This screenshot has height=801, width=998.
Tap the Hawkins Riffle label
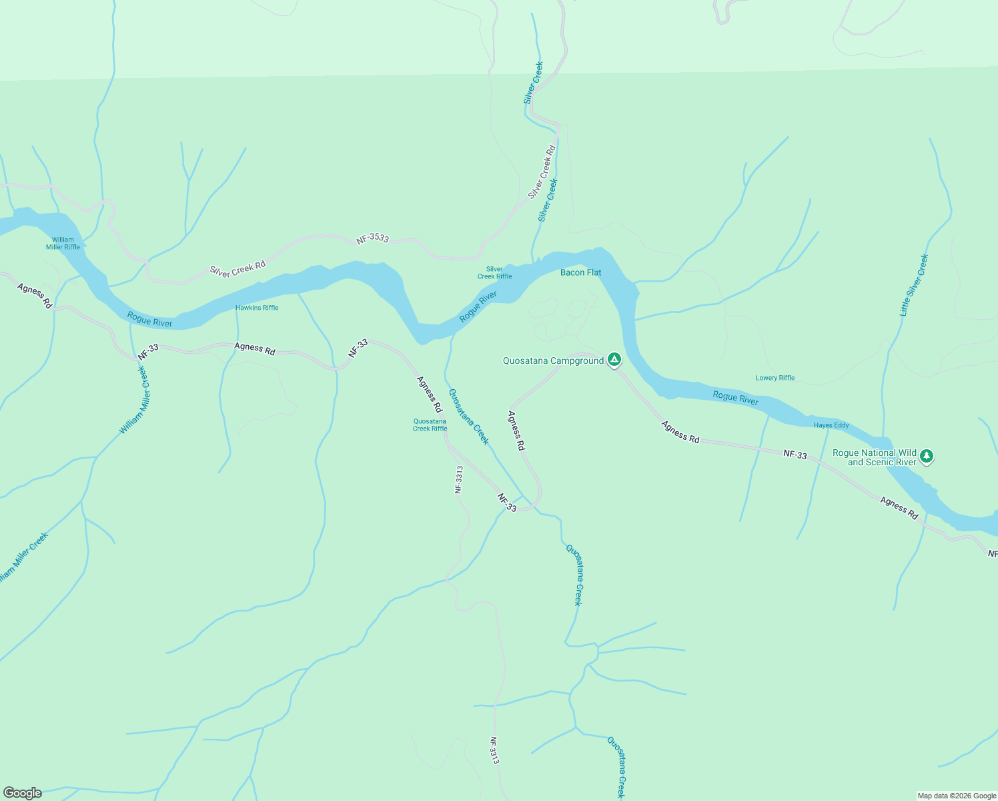(257, 308)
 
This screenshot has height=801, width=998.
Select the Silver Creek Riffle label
(494, 273)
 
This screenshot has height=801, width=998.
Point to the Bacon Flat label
(580, 272)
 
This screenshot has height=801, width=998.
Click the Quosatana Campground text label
(553, 360)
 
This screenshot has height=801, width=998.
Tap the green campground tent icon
(614, 360)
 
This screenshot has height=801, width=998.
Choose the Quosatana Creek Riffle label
(430, 425)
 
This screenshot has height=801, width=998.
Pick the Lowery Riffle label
(775, 378)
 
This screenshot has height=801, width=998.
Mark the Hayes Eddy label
(831, 425)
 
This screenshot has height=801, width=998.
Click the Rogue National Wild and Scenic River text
(874, 457)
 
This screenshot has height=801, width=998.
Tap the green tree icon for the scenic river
(926, 456)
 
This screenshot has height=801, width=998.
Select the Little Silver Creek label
(913, 285)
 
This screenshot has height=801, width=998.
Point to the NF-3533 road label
(372, 238)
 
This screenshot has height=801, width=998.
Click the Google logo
(22, 793)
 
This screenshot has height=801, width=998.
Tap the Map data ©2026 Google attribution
(957, 796)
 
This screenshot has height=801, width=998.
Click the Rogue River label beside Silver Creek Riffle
(478, 306)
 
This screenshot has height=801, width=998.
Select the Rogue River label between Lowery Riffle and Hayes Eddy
(735, 398)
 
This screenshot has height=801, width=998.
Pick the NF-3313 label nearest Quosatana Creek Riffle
(459, 479)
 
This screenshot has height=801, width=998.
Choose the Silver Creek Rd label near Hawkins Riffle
(237, 268)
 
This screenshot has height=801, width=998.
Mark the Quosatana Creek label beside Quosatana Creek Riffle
(468, 417)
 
